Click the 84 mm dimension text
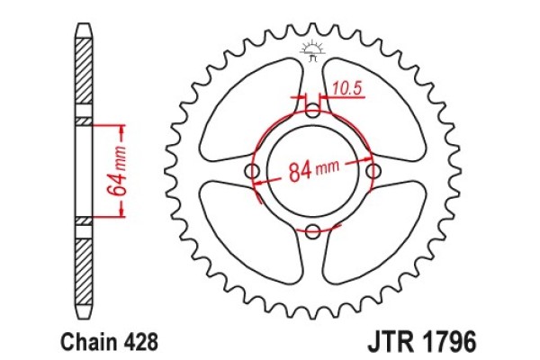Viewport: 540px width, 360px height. pos(314,169)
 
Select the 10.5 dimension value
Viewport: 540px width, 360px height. pos(345,87)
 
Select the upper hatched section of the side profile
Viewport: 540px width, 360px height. pos(83,76)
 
